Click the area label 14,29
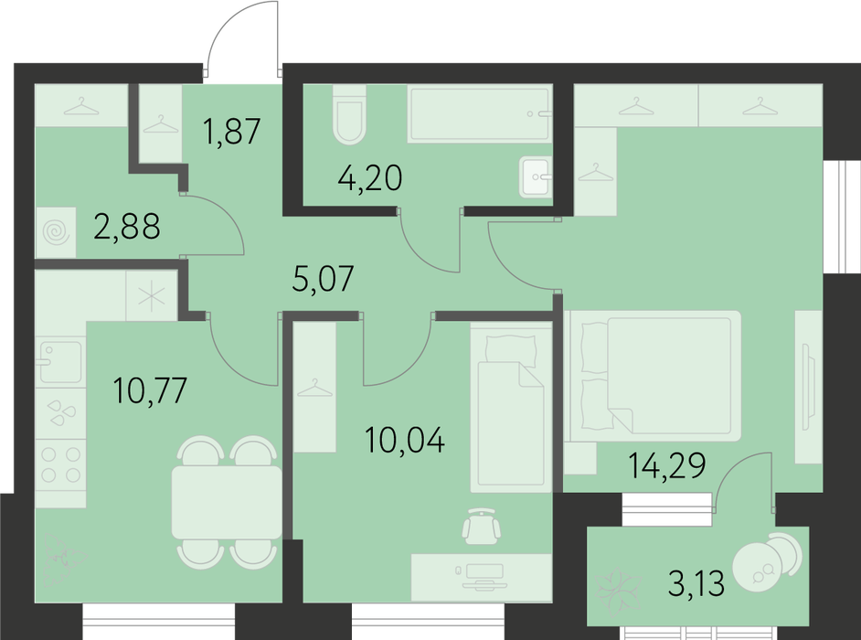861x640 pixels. click(x=666, y=466)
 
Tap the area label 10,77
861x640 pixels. click(x=150, y=390)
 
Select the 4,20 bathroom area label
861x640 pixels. click(x=370, y=178)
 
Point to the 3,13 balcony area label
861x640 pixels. click(x=696, y=583)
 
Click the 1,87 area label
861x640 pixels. click(x=231, y=132)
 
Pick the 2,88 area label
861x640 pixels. click(x=127, y=227)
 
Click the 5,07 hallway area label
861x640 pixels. click(x=323, y=279)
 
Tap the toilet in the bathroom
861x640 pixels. click(x=349, y=114)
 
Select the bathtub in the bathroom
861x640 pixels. click(x=480, y=113)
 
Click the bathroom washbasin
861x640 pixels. click(x=536, y=176)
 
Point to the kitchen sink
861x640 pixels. click(x=60, y=361)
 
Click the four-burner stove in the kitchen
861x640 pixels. click(x=61, y=464)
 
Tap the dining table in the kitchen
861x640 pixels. click(x=227, y=502)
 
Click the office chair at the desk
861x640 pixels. click(x=482, y=526)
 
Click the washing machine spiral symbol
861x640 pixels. click(x=56, y=233)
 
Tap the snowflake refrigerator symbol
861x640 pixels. click(x=152, y=297)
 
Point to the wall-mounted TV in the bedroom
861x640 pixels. click(x=805, y=387)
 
